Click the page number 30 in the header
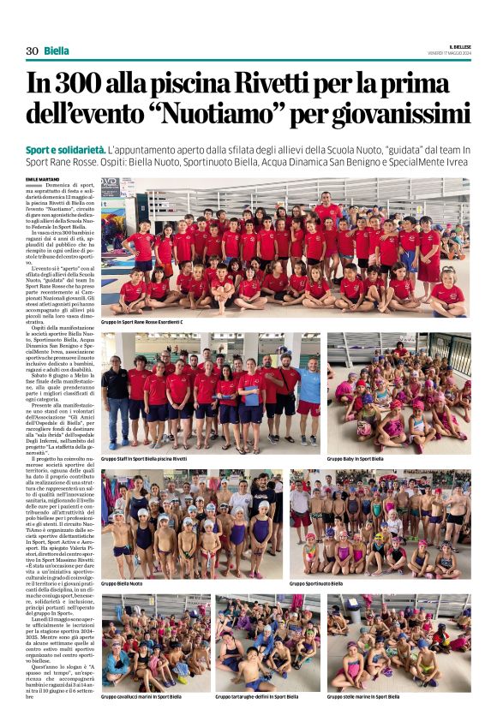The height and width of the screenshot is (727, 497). [x=32, y=51]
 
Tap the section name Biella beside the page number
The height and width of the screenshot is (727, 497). [x=57, y=51]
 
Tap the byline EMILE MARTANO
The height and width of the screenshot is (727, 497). [x=44, y=179]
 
